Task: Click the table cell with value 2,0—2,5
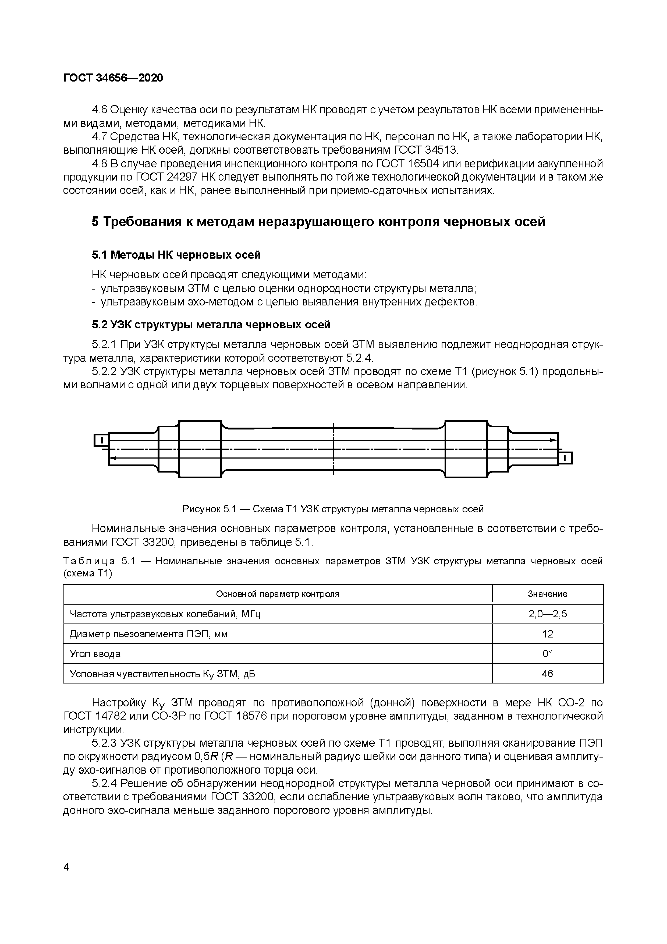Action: click(x=547, y=614)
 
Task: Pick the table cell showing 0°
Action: click(x=547, y=654)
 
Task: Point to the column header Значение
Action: click(x=547, y=594)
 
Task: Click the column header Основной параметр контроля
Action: click(x=278, y=594)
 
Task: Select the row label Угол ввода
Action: click(x=95, y=654)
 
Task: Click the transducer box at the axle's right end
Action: click(x=566, y=458)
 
